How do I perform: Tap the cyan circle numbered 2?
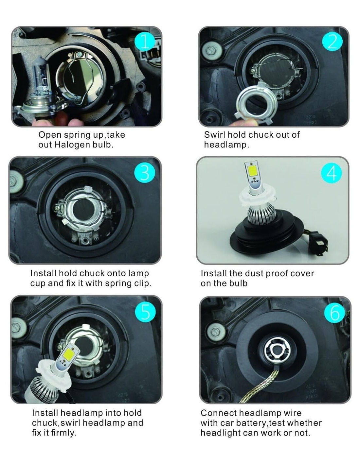pyautogui.click(x=332, y=41)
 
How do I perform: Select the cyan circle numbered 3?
pyautogui.click(x=145, y=173)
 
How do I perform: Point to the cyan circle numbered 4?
pyautogui.click(x=331, y=173)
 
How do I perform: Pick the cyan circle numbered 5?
pyautogui.click(x=145, y=312)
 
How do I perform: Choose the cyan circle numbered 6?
pyautogui.click(x=334, y=313)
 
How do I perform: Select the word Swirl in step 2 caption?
pyautogui.click(x=214, y=135)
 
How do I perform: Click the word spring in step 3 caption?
pyautogui.click(x=118, y=284)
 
